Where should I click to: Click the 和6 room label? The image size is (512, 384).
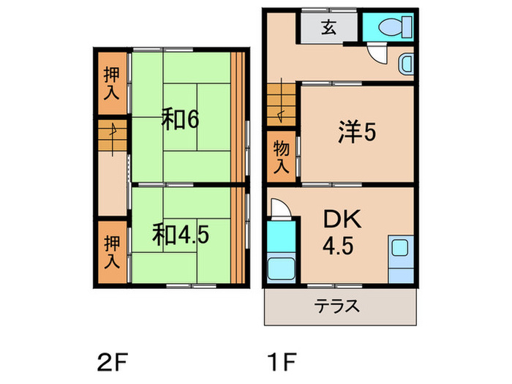(x=180, y=119)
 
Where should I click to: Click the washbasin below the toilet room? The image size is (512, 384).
(x=407, y=64)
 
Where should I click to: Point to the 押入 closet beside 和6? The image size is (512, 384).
(x=111, y=83)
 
